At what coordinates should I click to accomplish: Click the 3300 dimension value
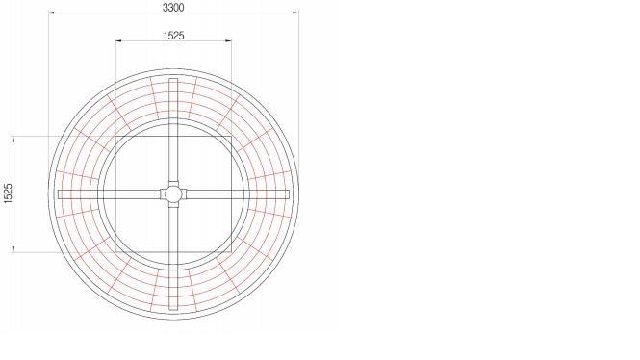point(173,7)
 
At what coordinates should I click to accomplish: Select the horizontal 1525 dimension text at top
point(174,36)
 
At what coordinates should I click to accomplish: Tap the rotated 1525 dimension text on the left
point(8,193)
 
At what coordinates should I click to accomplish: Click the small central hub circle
point(173,194)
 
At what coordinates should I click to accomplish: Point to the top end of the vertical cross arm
point(173,79)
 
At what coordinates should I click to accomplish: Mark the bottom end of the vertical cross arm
point(173,309)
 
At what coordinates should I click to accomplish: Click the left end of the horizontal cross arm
point(59,194)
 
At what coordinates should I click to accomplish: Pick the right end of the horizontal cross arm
point(289,194)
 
